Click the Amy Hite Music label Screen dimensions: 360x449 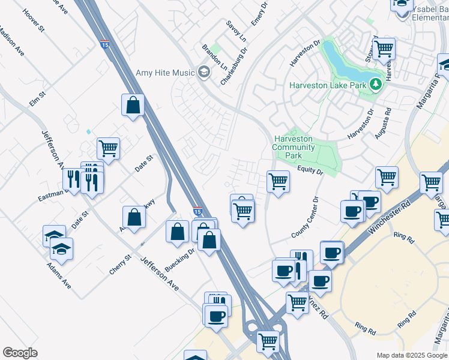tap(164, 73)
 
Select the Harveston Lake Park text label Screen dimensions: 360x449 tap(328, 85)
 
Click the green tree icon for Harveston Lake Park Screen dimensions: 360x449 tap(376, 85)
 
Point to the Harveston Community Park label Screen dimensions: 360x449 tap(294, 147)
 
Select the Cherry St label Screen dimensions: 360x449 tap(120, 265)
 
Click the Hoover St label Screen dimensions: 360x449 tap(34, 19)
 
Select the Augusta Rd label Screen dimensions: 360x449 tap(383, 123)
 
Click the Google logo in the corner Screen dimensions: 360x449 tap(20, 353)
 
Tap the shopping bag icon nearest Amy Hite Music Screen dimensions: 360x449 tap(133, 106)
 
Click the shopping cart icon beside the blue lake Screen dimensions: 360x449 tap(384, 47)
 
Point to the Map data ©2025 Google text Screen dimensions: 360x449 tap(412, 355)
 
